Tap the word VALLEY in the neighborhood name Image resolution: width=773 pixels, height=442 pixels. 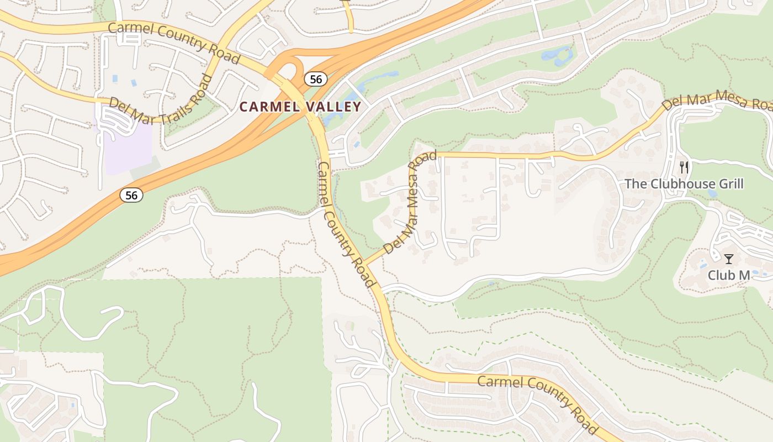(333, 107)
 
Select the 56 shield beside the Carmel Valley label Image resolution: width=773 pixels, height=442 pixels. (315, 79)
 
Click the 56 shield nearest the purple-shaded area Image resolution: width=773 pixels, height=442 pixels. (132, 194)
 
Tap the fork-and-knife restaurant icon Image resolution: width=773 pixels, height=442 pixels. (684, 167)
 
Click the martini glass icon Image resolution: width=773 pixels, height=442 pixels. (729, 259)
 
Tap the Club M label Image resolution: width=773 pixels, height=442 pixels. (729, 275)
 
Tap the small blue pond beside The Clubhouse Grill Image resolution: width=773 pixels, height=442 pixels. (712, 194)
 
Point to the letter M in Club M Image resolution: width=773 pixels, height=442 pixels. (744, 275)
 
